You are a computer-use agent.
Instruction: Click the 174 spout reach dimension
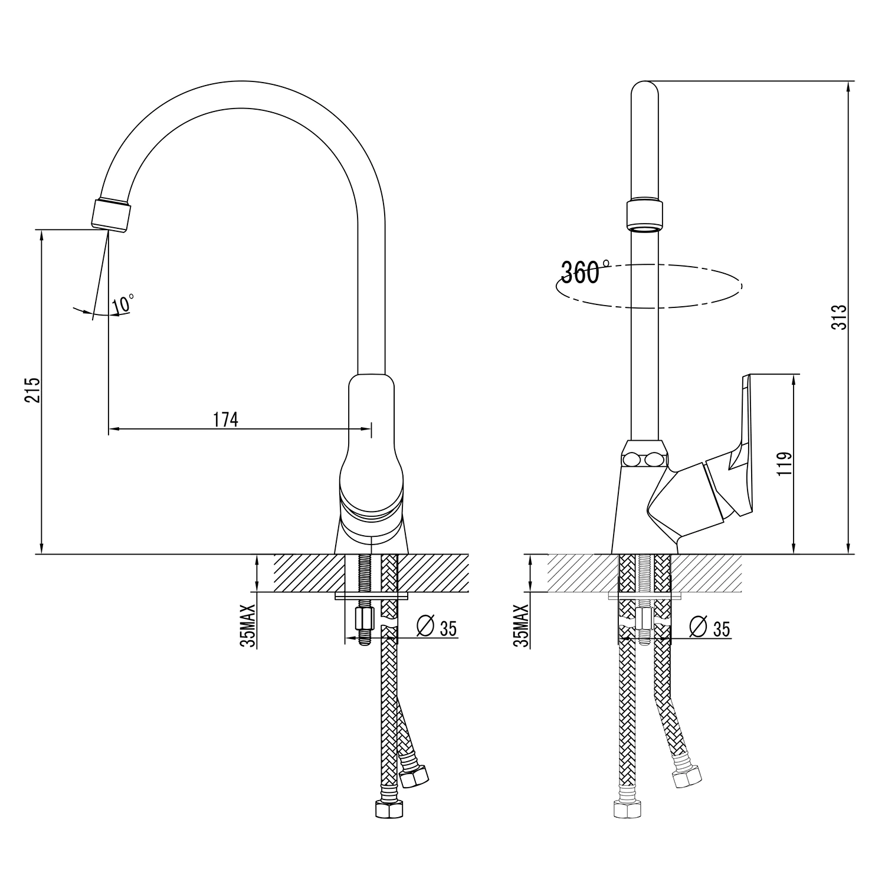(225, 419)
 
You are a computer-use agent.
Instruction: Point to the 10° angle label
(123, 304)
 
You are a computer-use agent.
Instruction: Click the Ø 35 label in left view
(437, 628)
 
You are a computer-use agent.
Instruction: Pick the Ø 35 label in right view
(710, 628)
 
